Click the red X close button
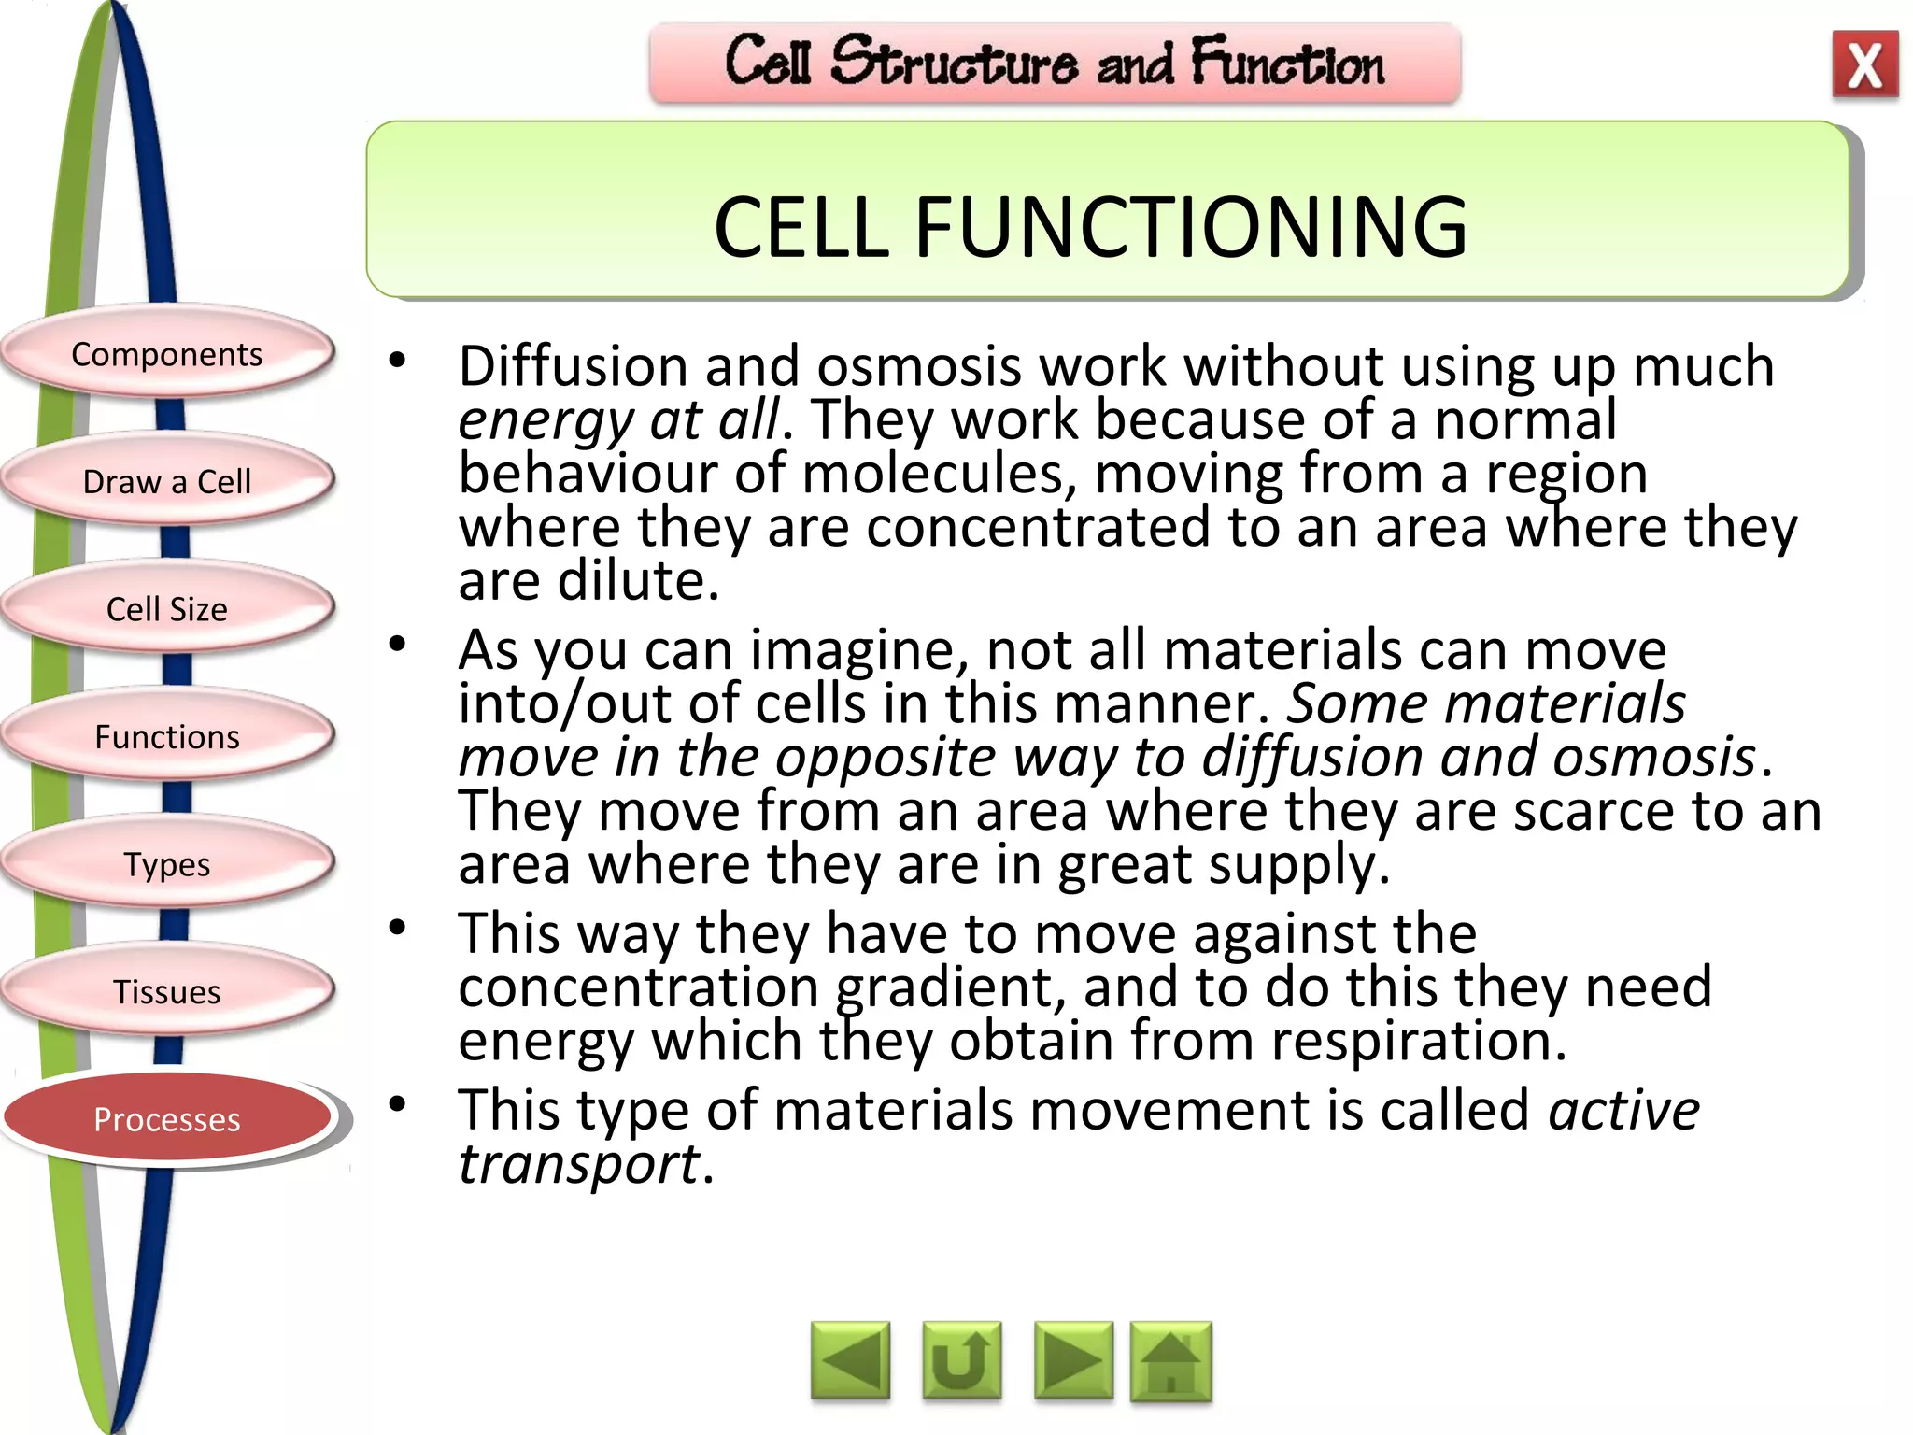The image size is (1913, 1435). click(1864, 64)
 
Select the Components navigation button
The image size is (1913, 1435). click(167, 354)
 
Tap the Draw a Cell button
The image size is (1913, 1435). click(167, 481)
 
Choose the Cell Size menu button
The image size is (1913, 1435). click(167, 609)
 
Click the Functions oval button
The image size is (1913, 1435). click(167, 736)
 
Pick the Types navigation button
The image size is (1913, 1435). click(167, 864)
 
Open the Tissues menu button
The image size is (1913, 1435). click(167, 991)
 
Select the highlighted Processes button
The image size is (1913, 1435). click(167, 1118)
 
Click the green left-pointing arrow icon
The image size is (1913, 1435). click(850, 1361)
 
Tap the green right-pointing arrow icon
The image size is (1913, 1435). click(1073, 1361)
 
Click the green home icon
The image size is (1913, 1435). click(1170, 1361)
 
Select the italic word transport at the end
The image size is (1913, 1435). click(578, 1164)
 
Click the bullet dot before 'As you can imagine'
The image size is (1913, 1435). click(398, 644)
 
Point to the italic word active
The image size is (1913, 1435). click(1623, 1110)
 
